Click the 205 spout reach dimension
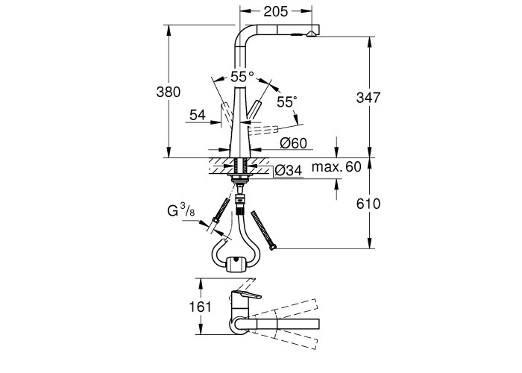275,11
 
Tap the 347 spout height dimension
369,97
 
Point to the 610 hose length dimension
370,204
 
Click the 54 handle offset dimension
198,115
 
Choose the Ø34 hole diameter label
288,170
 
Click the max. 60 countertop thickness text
336,166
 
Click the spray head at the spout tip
309,34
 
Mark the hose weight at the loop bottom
237,263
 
